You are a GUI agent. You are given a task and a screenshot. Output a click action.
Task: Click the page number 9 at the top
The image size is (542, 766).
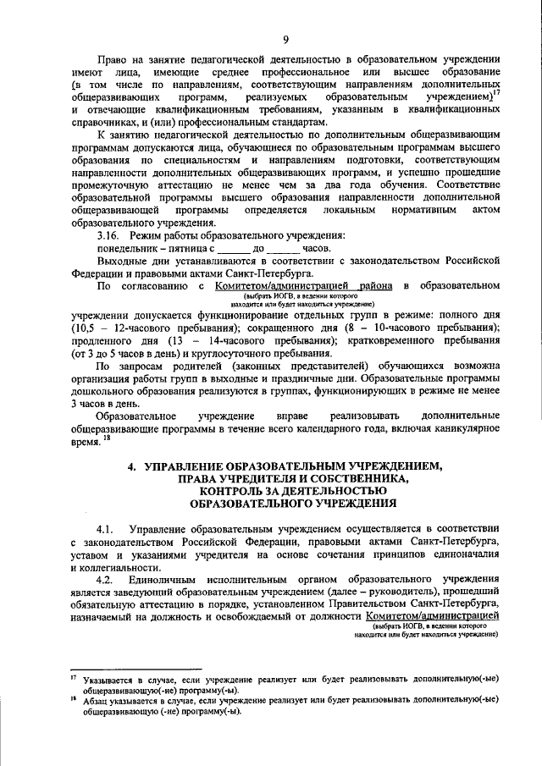tap(285, 39)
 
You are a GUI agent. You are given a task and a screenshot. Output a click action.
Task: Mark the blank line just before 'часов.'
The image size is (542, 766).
tap(284, 249)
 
